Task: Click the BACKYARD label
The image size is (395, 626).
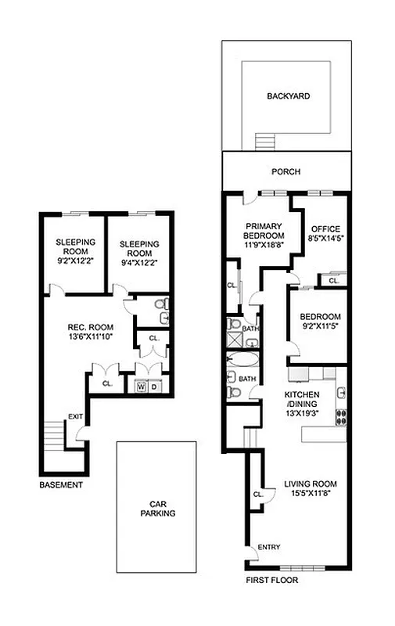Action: (x=288, y=96)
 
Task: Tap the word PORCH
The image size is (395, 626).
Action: (x=285, y=172)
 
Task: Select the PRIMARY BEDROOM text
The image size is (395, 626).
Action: (x=263, y=228)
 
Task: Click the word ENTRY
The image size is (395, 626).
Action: (x=259, y=548)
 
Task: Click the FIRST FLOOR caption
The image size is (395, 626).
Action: (x=271, y=581)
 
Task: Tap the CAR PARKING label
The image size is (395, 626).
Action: (x=156, y=509)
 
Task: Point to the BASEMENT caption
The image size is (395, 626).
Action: (x=60, y=485)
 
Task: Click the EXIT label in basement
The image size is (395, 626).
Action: (x=75, y=416)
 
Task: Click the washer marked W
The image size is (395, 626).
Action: (x=141, y=387)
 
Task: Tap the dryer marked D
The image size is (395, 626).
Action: (x=154, y=387)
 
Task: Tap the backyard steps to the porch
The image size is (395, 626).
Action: (x=265, y=142)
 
